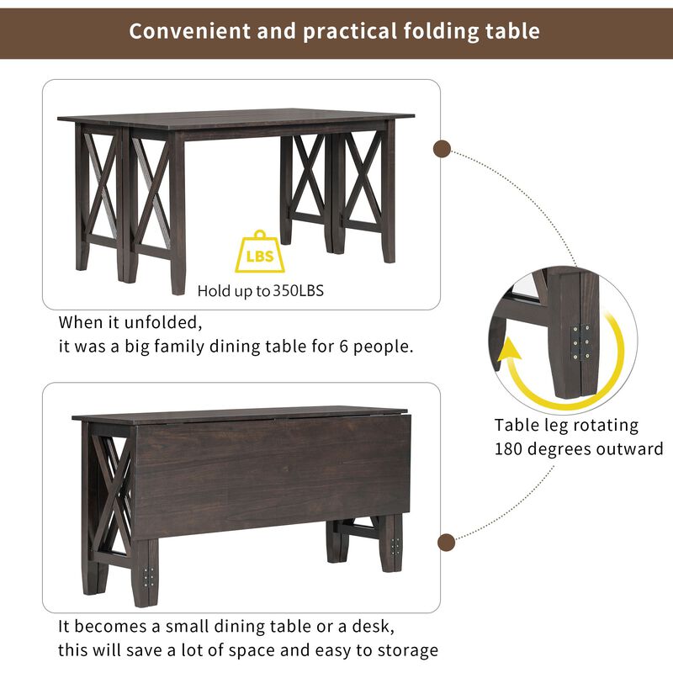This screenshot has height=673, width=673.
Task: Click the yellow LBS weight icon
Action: tap(260, 253)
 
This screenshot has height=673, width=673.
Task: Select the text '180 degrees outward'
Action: tap(579, 448)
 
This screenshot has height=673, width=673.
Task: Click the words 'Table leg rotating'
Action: tap(566, 425)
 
